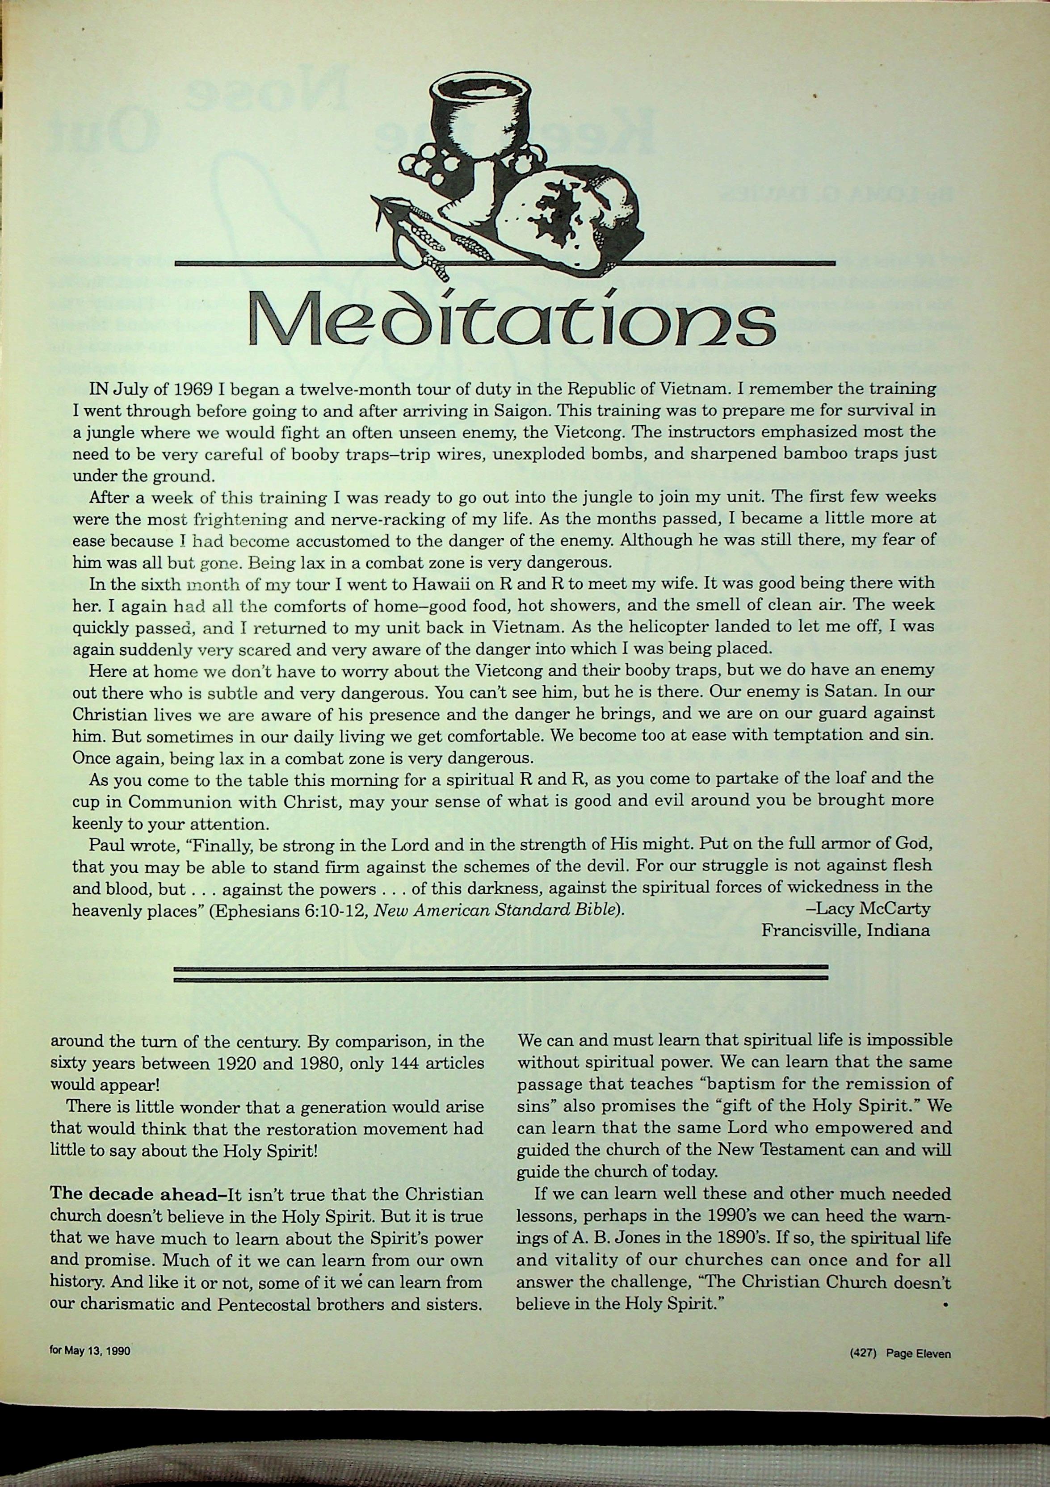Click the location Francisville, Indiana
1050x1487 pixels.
(846, 931)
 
